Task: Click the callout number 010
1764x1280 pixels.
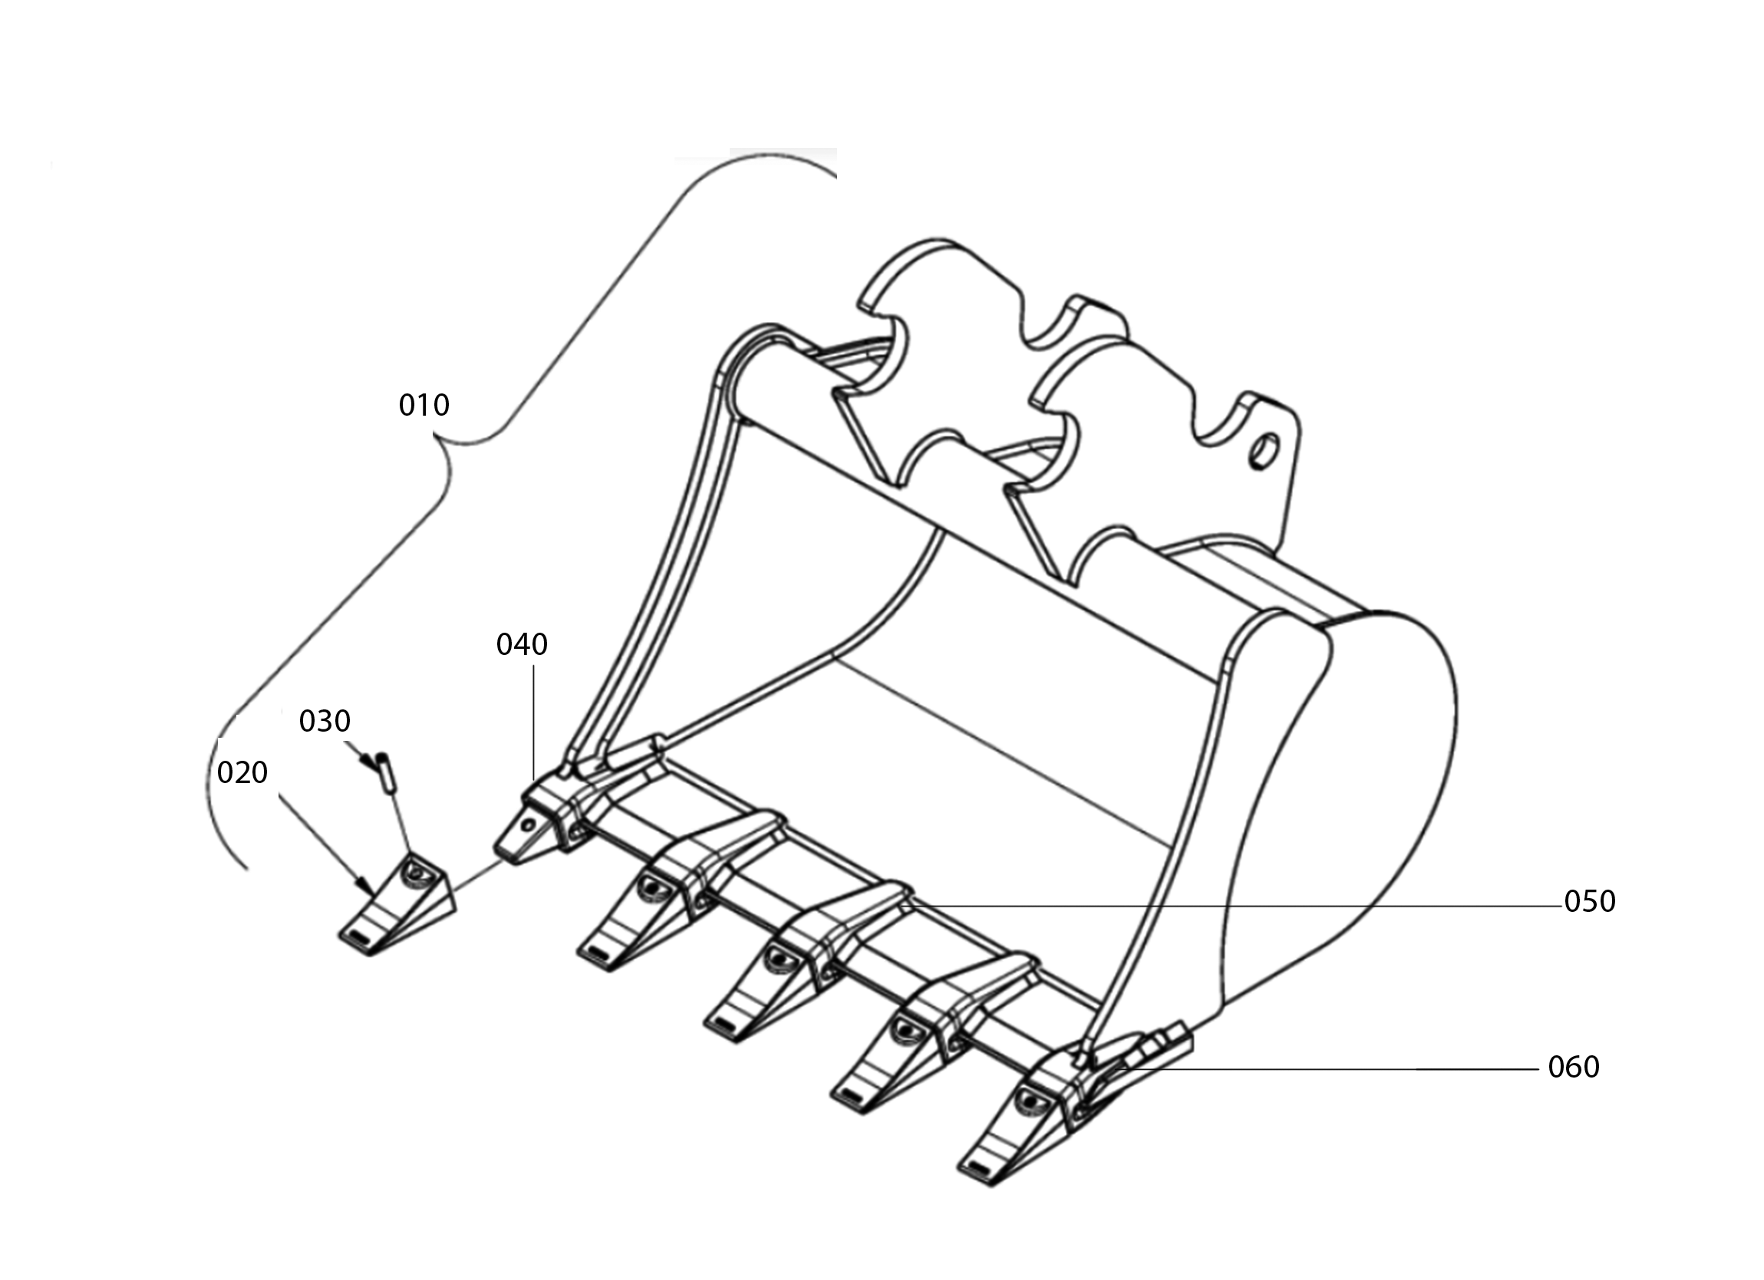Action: pyautogui.click(x=424, y=405)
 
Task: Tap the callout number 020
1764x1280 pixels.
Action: pyautogui.click(x=242, y=772)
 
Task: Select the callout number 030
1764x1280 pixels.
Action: pyautogui.click(x=325, y=721)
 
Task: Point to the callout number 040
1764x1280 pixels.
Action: pyautogui.click(x=522, y=644)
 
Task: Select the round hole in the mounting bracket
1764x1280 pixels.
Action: pyautogui.click(x=1263, y=452)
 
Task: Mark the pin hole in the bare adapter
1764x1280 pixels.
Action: pyautogui.click(x=529, y=824)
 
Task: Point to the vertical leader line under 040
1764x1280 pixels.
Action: pyautogui.click(x=533, y=722)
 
